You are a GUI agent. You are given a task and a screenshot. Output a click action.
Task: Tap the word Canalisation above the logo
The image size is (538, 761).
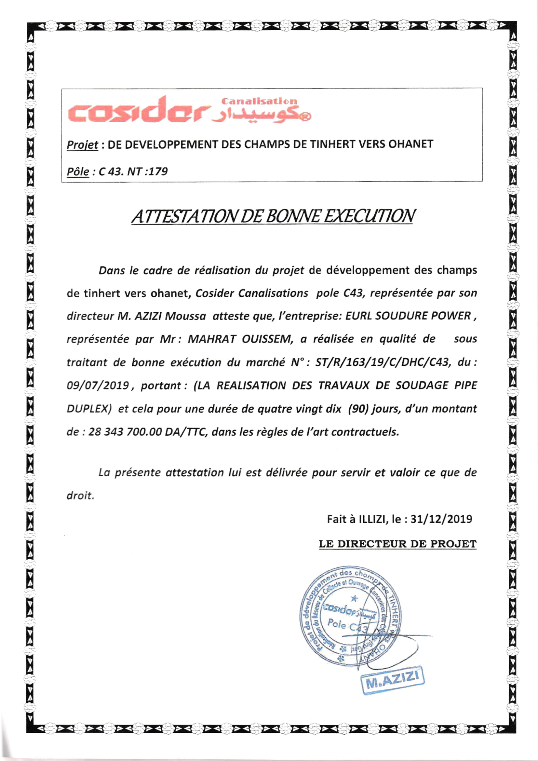point(259,101)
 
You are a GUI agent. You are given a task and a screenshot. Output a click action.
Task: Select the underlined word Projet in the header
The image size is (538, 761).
point(83,145)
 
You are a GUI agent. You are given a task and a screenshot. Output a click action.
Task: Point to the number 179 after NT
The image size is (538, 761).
point(158,171)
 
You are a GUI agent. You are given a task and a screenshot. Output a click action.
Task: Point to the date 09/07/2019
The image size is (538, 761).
point(98,386)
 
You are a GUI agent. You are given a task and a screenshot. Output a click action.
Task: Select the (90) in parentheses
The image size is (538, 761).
point(358,409)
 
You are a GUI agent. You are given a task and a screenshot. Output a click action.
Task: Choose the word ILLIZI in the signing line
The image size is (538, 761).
point(373,519)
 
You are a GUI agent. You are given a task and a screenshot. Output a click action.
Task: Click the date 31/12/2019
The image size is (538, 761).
point(441,519)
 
